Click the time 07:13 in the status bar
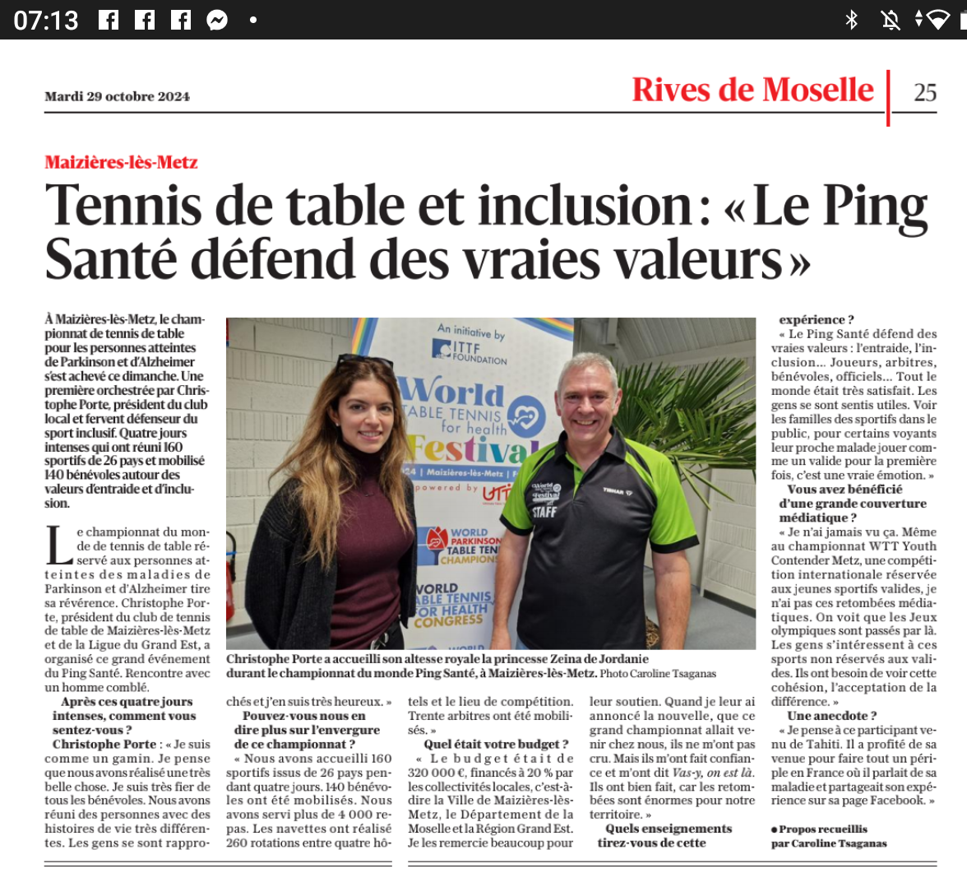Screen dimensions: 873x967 click(x=46, y=20)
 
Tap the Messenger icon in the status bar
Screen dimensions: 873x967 click(x=217, y=20)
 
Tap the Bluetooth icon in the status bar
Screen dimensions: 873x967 click(x=852, y=20)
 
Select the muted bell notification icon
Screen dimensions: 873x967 click(x=891, y=20)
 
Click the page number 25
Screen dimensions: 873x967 click(x=925, y=92)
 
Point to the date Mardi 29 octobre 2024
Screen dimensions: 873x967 click(x=117, y=96)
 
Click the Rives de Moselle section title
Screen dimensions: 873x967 click(x=752, y=90)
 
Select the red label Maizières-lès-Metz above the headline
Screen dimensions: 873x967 click(x=121, y=162)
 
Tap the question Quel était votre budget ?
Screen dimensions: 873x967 click(x=497, y=745)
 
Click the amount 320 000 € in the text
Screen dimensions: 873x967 click(x=436, y=773)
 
